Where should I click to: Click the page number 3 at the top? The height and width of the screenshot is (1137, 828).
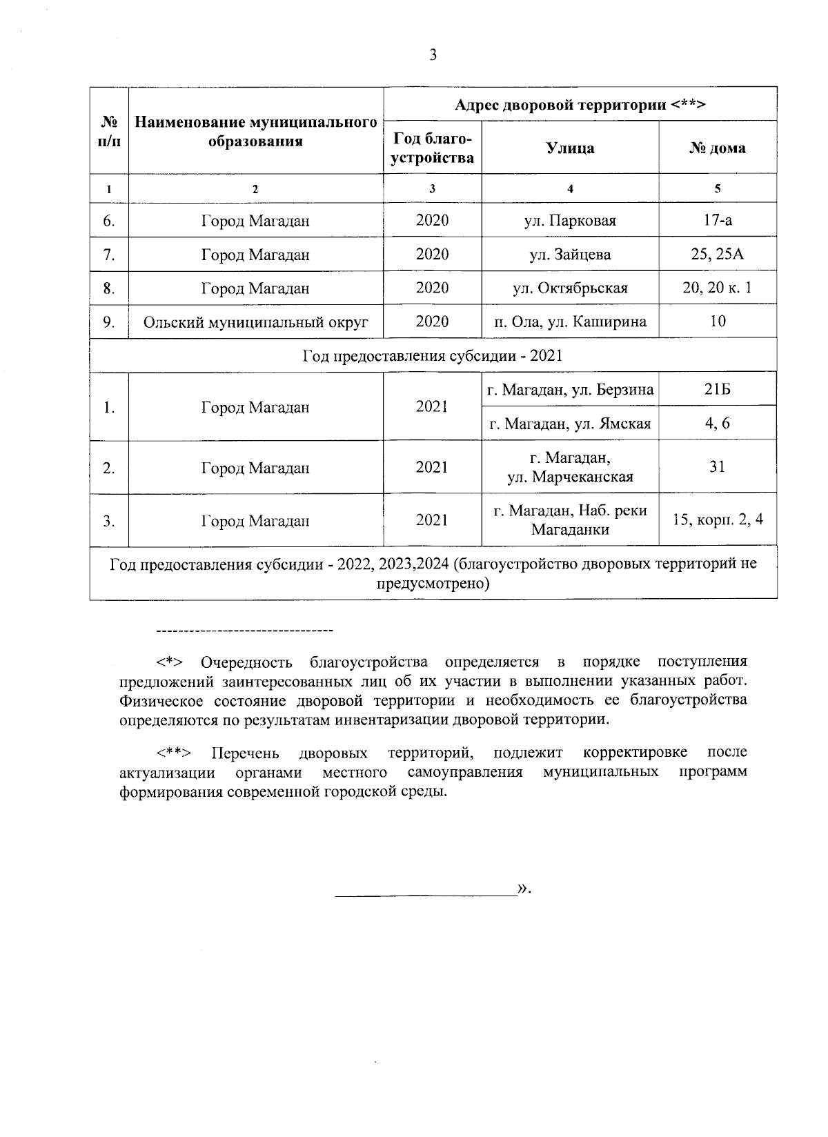pyautogui.click(x=433, y=56)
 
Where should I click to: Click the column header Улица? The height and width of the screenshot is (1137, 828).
pyautogui.click(x=570, y=148)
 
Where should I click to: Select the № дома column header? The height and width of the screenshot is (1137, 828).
pyautogui.click(x=718, y=148)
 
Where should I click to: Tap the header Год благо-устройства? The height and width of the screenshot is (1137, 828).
pyautogui.click(x=433, y=148)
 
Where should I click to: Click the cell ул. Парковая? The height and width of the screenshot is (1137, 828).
pyautogui.click(x=570, y=221)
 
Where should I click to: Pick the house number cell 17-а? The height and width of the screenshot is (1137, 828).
pyautogui.click(x=718, y=221)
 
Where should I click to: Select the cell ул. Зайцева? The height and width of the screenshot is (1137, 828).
pyautogui.click(x=570, y=255)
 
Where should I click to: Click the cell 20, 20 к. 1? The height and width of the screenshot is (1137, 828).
pyautogui.click(x=718, y=288)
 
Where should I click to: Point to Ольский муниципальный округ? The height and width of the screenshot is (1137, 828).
pyautogui.click(x=256, y=322)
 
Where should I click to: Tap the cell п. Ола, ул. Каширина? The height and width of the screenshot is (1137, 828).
pyautogui.click(x=570, y=322)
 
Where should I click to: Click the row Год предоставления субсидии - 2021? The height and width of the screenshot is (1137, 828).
pyautogui.click(x=433, y=356)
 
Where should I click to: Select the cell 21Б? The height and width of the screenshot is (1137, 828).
pyautogui.click(x=718, y=390)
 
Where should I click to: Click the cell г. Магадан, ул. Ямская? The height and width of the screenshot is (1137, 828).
pyautogui.click(x=570, y=424)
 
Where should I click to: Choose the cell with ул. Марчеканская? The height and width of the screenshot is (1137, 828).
pyautogui.click(x=570, y=468)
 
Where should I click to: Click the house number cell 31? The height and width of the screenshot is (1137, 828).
pyautogui.click(x=718, y=467)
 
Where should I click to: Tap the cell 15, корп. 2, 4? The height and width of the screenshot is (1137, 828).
pyautogui.click(x=718, y=520)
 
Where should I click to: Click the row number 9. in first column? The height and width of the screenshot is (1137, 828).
pyautogui.click(x=108, y=322)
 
